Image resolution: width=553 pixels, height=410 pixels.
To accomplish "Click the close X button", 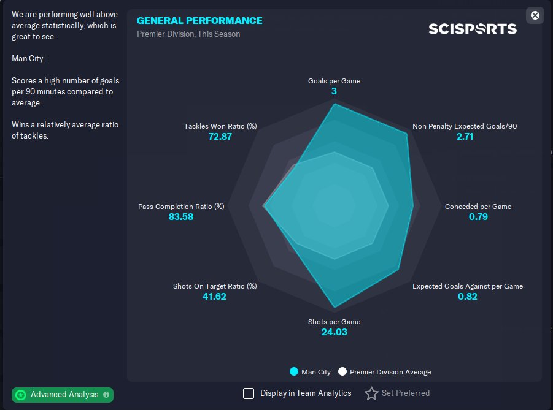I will tap(535, 15).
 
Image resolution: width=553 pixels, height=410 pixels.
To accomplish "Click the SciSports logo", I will tap(473, 29).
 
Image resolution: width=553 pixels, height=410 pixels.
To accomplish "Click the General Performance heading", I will tap(199, 21).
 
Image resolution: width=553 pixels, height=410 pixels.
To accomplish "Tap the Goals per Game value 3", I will tap(334, 91).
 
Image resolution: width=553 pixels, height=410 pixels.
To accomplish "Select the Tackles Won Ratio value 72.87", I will tap(220, 137).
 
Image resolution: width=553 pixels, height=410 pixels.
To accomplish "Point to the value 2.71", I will tap(465, 137).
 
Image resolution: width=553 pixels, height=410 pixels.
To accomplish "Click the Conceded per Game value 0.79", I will tap(478, 217).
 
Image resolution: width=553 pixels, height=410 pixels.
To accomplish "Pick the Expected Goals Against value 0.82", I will tap(468, 297).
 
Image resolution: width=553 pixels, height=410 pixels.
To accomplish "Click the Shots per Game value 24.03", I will tap(334, 332).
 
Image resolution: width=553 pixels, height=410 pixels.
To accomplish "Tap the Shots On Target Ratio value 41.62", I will tap(215, 297).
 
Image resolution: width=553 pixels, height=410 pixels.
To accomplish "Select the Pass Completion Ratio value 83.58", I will tap(181, 217).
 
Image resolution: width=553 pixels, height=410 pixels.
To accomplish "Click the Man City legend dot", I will tap(294, 371).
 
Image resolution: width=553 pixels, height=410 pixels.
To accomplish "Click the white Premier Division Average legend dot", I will tap(342, 371).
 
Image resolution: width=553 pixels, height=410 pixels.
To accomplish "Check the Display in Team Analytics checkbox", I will tap(249, 393).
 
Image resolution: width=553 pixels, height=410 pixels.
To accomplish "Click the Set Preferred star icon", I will tap(371, 393).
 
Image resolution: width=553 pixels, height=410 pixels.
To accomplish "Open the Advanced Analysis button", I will tap(63, 395).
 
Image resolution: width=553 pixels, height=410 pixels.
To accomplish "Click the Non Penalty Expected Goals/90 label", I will tap(465, 126).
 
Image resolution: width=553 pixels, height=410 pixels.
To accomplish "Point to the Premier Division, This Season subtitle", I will tap(188, 34).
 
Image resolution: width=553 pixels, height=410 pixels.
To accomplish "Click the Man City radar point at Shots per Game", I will tap(335, 306).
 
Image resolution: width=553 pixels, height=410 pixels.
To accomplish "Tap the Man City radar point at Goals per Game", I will tap(335, 104).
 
